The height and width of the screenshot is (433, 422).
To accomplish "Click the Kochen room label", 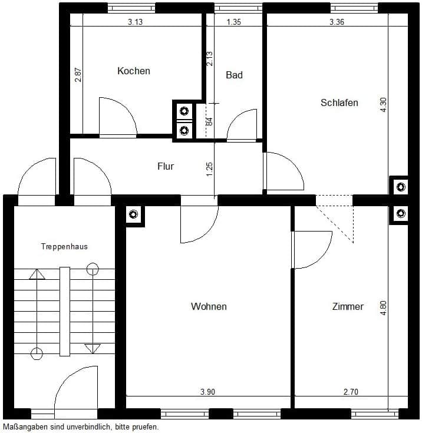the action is tap(134, 71).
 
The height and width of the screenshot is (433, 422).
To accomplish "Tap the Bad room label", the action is tap(235, 75).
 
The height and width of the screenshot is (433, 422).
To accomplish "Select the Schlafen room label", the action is tap(339, 103).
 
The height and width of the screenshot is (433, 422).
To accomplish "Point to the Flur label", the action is tap(166, 166).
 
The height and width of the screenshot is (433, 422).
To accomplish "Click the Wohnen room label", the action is tap(209, 306).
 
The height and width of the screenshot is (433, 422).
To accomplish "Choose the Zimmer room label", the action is tap(348, 306).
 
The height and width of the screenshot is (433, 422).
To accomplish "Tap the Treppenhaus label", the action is tap(64, 246).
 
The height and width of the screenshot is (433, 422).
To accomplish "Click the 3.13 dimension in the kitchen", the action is tap(135, 22).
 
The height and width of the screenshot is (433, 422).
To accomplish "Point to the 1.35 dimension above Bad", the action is tap(234, 22).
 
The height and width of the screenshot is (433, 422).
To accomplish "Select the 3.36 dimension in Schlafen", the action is tap(337, 22).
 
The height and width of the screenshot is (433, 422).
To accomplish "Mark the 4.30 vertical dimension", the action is tap(384, 105).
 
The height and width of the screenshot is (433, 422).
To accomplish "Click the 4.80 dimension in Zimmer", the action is tap(384, 308).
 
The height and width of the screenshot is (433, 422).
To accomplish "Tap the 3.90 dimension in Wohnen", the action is tap(208, 392).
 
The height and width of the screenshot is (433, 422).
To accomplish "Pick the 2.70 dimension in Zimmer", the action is tap(351, 392).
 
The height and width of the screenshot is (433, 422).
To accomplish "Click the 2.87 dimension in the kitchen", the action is tap(78, 75).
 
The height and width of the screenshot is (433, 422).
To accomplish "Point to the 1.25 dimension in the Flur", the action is tap(210, 170).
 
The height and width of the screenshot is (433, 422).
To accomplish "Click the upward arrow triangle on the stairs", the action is tap(37, 275).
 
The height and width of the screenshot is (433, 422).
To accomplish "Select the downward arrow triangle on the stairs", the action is tap(93, 349).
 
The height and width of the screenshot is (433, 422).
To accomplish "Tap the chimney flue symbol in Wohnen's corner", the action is tap(134, 214).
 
